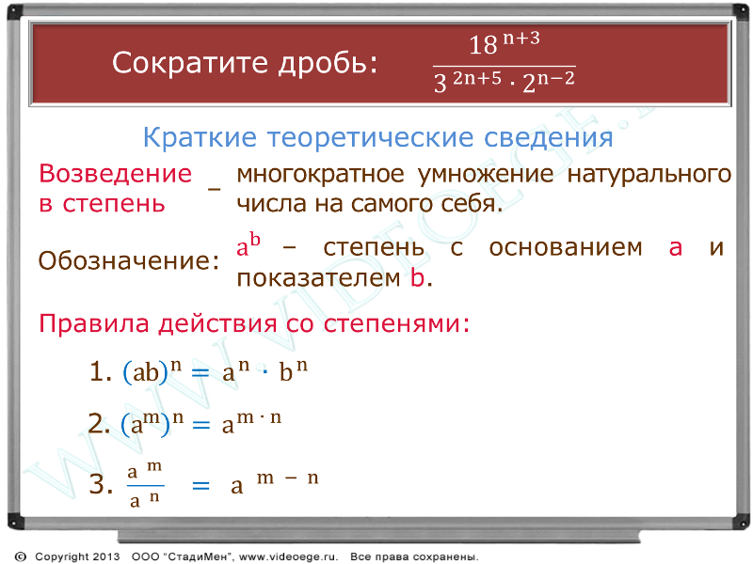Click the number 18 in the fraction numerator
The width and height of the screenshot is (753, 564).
coord(483,45)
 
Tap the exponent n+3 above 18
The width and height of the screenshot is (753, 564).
coord(521,38)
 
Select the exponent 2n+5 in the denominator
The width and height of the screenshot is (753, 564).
coord(477,77)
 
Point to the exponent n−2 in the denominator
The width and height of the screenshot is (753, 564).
coord(555,78)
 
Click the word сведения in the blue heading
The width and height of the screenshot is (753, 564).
coord(548,138)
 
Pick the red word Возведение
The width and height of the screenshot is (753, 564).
coord(115,173)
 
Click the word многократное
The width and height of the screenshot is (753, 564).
coord(320,174)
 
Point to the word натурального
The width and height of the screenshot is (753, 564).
coord(649,174)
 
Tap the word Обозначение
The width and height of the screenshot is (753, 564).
coord(128,260)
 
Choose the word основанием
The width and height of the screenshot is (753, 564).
coord(566,248)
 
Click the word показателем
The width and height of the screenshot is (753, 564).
coord(318,277)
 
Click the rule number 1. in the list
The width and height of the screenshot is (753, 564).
coord(101,371)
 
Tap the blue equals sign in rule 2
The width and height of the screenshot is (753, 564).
coord(200,425)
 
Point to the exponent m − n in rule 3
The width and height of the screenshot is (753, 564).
coord(287,478)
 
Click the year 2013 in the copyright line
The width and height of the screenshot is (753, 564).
coord(105,556)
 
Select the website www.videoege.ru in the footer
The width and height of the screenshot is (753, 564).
coord(289,556)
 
